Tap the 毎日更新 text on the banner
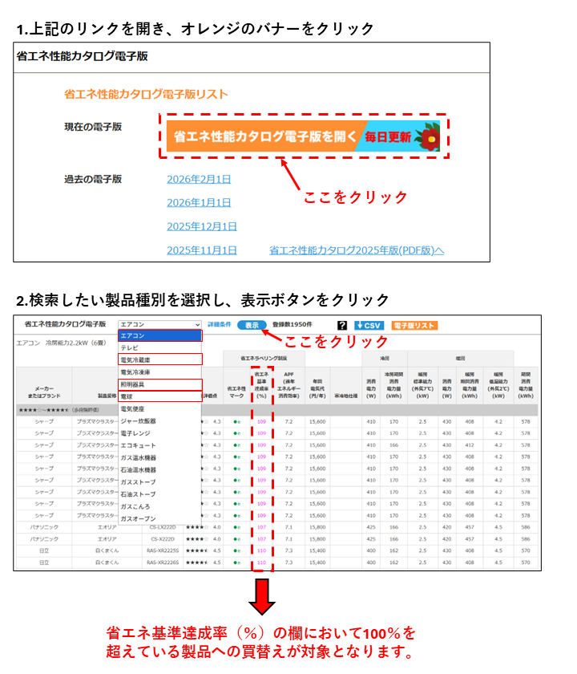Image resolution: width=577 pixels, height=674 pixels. coord(388,137)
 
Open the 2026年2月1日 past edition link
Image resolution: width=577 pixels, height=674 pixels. coord(199,179)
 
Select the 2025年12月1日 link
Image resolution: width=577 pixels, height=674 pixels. coord(202,226)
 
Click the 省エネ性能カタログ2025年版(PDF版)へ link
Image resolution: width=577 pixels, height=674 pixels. coord(357,250)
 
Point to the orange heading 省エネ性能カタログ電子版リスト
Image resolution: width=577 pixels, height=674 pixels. coord(146,94)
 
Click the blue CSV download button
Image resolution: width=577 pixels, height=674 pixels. coord(369,325)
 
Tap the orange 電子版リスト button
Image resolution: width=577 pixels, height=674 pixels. coord(414,325)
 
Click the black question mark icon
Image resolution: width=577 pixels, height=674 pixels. coord(342,325)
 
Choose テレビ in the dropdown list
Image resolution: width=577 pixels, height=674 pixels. coord(129,347)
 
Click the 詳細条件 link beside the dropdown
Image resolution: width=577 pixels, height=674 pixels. coord(218,324)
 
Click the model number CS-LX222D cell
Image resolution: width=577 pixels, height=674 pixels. coord(163,526)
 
